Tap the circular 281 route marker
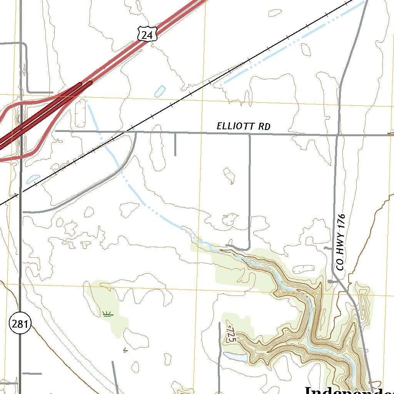20,324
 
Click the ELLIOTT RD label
243,126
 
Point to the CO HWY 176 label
341,242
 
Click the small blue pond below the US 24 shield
160,91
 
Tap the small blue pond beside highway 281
33,179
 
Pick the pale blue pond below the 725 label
235,356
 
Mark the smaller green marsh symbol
125,350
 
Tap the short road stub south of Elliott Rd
175,144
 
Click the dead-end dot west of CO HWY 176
330,282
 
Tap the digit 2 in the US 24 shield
144,35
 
